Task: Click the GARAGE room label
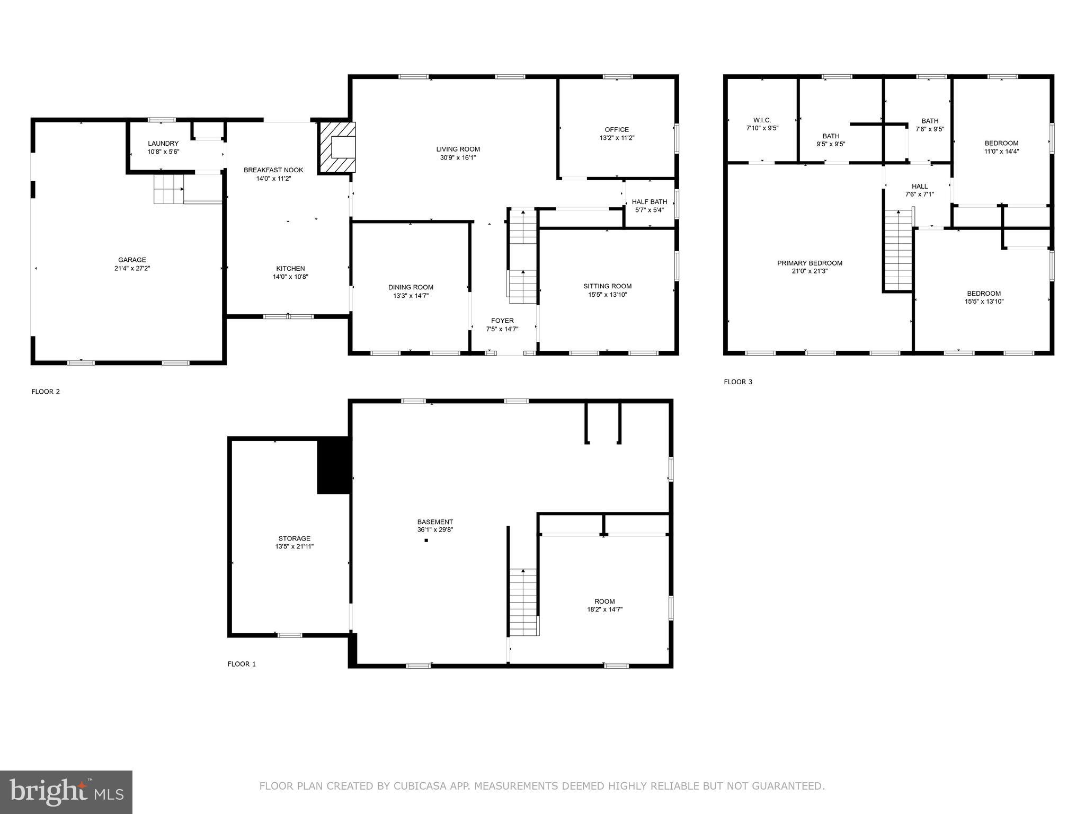tap(132, 260)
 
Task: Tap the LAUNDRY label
tap(163, 144)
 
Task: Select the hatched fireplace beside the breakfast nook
tap(337, 147)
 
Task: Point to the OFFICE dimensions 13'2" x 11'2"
tap(617, 138)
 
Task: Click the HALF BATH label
tap(649, 202)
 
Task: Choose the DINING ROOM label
tap(411, 287)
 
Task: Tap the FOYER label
tap(502, 321)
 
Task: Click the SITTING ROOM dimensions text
tap(607, 295)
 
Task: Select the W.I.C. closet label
tap(762, 120)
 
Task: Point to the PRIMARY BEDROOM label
tap(809, 263)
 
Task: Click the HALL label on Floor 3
tap(919, 187)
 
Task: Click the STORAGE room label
tap(294, 538)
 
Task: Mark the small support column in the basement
tap(426, 541)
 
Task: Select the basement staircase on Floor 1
tap(523, 601)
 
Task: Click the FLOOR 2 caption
tap(46, 392)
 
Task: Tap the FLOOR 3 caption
tap(737, 382)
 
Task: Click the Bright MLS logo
tap(66, 792)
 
